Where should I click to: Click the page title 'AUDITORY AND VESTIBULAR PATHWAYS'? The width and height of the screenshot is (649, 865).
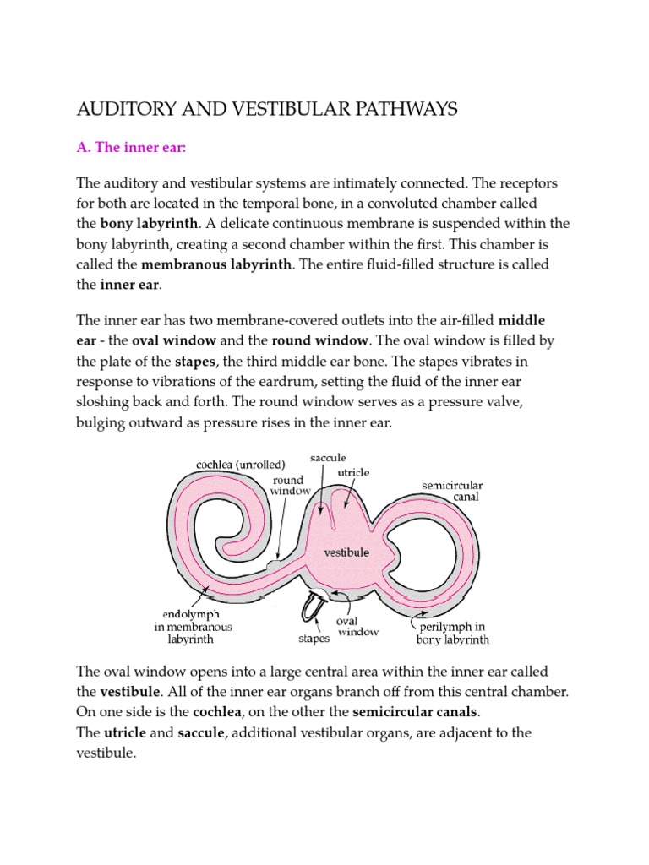click(267, 109)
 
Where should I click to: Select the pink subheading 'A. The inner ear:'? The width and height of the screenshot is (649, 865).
click(131, 148)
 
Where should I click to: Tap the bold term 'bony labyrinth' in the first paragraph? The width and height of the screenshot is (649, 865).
click(149, 224)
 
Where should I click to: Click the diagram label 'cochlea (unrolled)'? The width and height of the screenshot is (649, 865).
click(241, 464)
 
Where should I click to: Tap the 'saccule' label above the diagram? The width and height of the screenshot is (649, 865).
click(329, 458)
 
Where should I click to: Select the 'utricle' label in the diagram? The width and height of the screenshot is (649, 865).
click(353, 472)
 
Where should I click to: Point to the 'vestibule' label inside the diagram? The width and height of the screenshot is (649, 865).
click(346, 552)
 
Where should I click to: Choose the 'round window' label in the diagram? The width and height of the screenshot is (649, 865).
click(288, 485)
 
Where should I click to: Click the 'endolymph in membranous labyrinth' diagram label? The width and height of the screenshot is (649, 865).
click(192, 628)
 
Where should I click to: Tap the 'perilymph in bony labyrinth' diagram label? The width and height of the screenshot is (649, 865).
click(452, 634)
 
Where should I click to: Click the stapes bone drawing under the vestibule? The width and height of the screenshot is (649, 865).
click(314, 606)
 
